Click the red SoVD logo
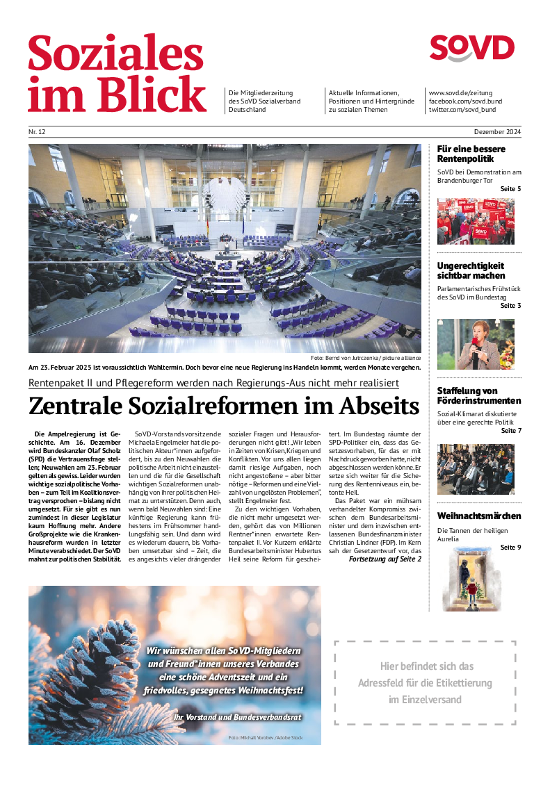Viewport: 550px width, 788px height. (x=471, y=49)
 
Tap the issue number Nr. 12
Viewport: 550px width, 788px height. (x=37, y=132)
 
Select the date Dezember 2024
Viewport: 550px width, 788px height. (x=498, y=132)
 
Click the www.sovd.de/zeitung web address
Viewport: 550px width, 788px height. (x=461, y=93)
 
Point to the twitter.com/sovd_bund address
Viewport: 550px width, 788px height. (x=462, y=110)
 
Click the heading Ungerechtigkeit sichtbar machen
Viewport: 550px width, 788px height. (x=471, y=270)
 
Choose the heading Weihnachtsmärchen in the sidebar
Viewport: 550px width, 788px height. (x=479, y=516)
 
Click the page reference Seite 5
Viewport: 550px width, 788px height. (x=510, y=189)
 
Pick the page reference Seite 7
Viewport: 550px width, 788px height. (x=510, y=431)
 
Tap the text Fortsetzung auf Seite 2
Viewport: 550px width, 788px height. (x=385, y=559)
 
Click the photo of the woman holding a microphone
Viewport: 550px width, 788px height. (x=476, y=344)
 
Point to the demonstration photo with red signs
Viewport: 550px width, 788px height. (x=476, y=221)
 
